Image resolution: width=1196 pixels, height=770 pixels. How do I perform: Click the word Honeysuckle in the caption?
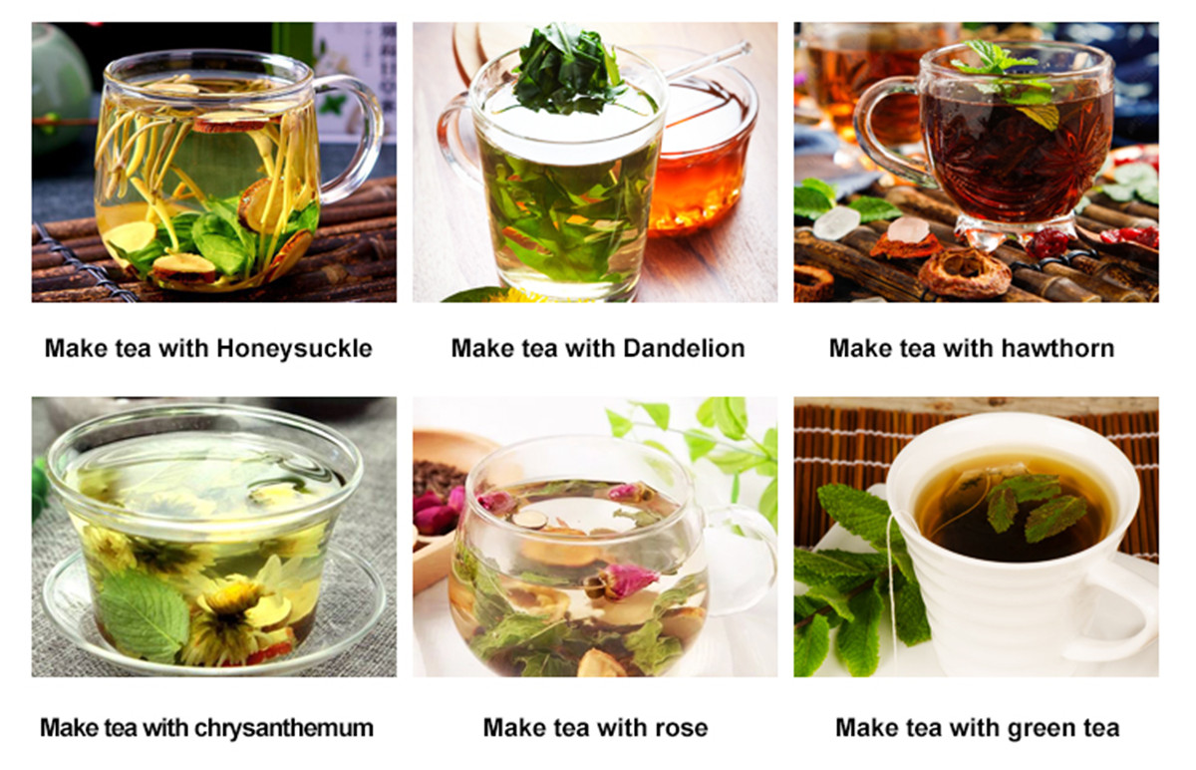tap(294, 349)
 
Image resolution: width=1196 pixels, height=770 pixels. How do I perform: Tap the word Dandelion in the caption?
tap(684, 348)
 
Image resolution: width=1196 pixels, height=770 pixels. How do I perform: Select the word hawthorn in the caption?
tap(1057, 348)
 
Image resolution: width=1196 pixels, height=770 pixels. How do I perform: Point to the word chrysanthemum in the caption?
tap(284, 729)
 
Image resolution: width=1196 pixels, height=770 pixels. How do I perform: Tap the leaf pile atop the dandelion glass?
tap(569, 69)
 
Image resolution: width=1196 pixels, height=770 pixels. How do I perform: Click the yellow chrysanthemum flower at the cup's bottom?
tap(227, 622)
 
